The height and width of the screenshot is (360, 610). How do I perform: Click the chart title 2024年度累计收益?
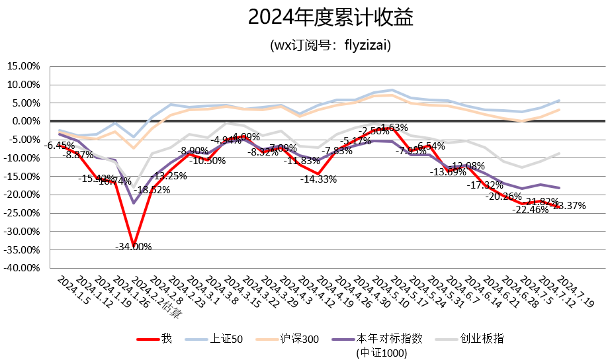[x=331, y=18]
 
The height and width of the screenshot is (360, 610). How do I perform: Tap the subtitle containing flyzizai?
[x=331, y=46]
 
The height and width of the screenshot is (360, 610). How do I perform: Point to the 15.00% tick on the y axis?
[x=23, y=66]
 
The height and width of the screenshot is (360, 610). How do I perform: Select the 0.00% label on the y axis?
[x=25, y=121]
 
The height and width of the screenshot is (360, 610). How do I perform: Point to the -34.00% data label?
[x=134, y=247]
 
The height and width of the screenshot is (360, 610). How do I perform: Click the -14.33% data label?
[x=319, y=179]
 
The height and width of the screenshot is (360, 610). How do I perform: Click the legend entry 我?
[x=166, y=339]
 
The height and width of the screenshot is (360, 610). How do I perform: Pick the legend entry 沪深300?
[x=300, y=339]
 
